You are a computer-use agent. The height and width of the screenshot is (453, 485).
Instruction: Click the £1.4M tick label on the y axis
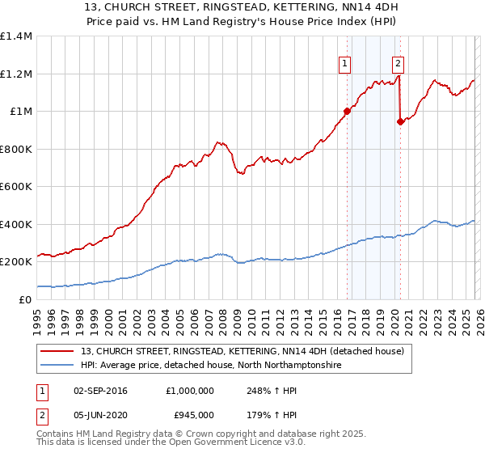coord(16,36)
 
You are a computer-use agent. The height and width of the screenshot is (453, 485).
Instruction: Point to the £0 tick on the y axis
coord(26,299)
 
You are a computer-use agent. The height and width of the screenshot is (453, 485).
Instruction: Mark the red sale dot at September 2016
coord(347,112)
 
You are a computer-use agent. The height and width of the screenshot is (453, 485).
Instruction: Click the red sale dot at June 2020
coord(400,122)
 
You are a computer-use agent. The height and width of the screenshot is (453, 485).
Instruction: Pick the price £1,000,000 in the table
coord(191,389)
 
